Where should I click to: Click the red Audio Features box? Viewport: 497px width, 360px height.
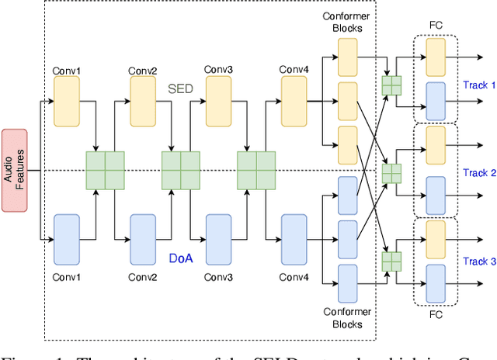(14, 170)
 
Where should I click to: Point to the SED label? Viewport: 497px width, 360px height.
(180, 89)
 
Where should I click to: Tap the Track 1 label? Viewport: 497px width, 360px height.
(478, 85)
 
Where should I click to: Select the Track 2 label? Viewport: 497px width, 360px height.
(478, 173)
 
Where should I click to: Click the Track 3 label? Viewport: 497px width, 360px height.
(478, 261)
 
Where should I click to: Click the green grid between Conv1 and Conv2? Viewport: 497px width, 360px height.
(105, 170)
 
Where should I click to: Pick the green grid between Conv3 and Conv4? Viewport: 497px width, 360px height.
(256, 170)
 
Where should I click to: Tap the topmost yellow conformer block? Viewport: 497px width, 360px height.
(347, 54)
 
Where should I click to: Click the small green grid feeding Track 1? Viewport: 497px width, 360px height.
(392, 84)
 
